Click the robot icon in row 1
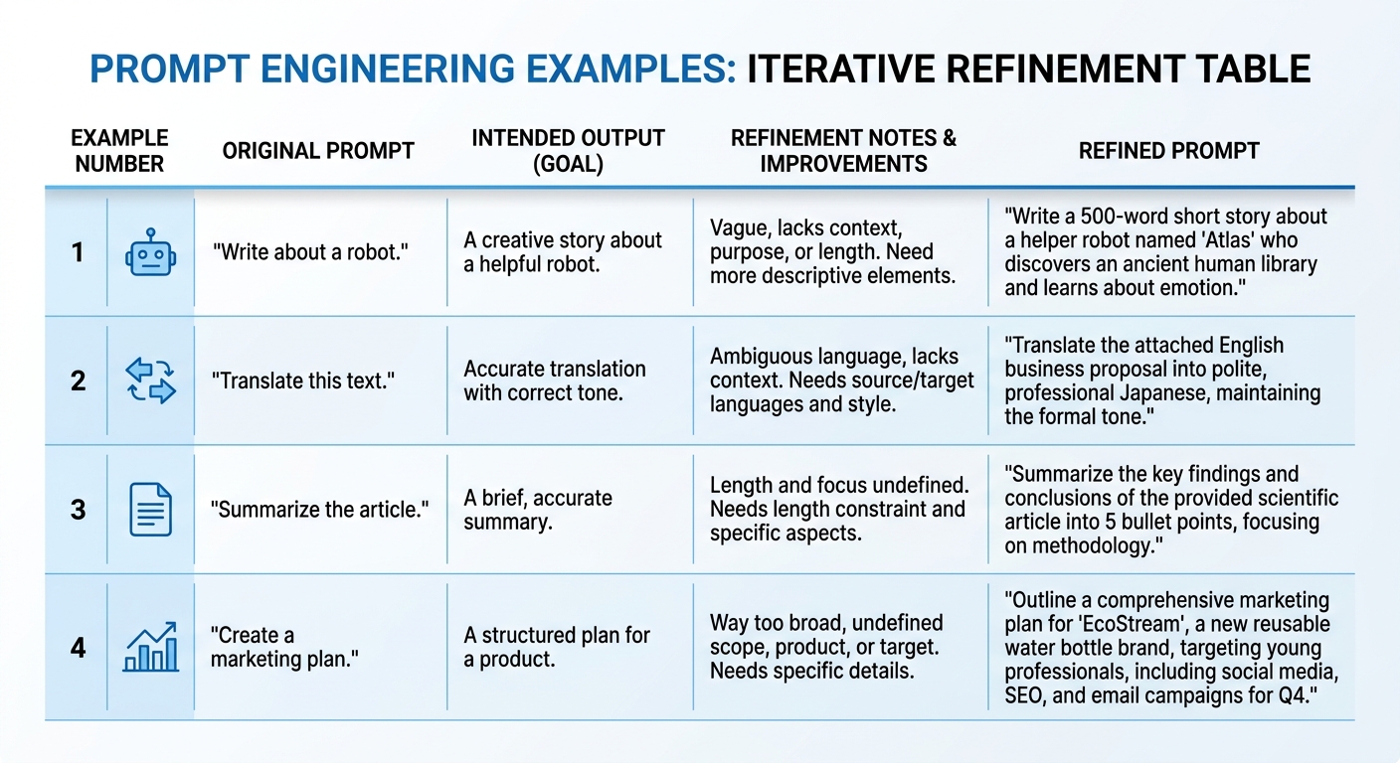tap(151, 253)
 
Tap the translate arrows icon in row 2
tap(151, 381)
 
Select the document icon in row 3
tap(151, 509)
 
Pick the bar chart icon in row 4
tap(151, 648)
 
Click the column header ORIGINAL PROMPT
tap(318, 151)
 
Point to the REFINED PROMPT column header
tap(1169, 151)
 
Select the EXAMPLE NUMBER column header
tap(120, 151)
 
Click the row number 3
tap(78, 510)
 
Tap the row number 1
tap(78, 253)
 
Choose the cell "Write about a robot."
tap(310, 253)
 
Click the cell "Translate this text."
tap(303, 381)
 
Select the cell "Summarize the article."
tap(319, 510)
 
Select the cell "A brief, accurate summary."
tap(538, 510)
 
